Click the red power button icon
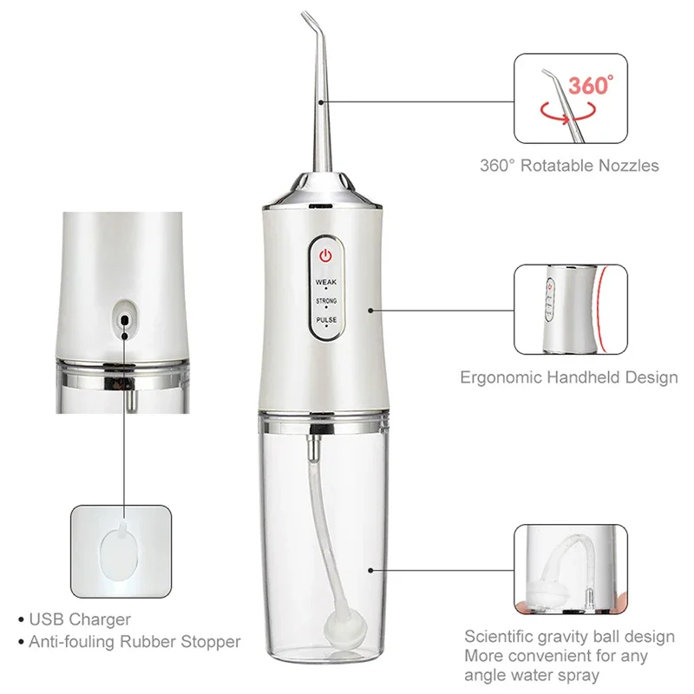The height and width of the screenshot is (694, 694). (x=324, y=256)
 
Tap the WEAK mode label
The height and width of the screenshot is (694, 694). (x=325, y=282)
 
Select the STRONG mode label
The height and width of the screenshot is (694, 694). (x=325, y=300)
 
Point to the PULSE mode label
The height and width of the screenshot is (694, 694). (x=325, y=319)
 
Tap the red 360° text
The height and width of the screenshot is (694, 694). (x=591, y=85)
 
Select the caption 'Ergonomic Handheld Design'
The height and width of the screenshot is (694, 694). (x=569, y=377)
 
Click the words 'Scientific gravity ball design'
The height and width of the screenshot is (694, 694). (x=569, y=637)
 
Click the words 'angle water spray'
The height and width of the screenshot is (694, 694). (x=531, y=675)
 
